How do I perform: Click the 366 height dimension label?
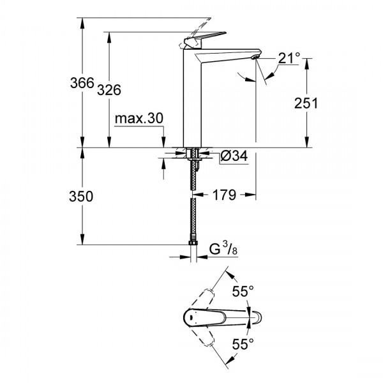click(82, 83)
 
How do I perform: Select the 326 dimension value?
click(109, 90)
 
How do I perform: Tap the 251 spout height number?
click(306, 103)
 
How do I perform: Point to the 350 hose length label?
click(81, 196)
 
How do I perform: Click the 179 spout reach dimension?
click(225, 195)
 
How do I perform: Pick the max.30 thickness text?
click(139, 118)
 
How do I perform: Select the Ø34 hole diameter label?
click(234, 156)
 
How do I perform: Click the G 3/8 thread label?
click(223, 250)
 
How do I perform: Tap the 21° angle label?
click(289, 58)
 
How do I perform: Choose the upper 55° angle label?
click(243, 291)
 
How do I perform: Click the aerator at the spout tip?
click(255, 57)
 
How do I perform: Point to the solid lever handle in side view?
click(205, 38)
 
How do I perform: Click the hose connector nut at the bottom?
click(193, 243)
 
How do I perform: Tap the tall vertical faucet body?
click(192, 98)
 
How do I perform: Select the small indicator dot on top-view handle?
click(191, 317)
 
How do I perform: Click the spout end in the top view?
click(259, 317)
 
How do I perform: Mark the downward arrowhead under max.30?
click(163, 142)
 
